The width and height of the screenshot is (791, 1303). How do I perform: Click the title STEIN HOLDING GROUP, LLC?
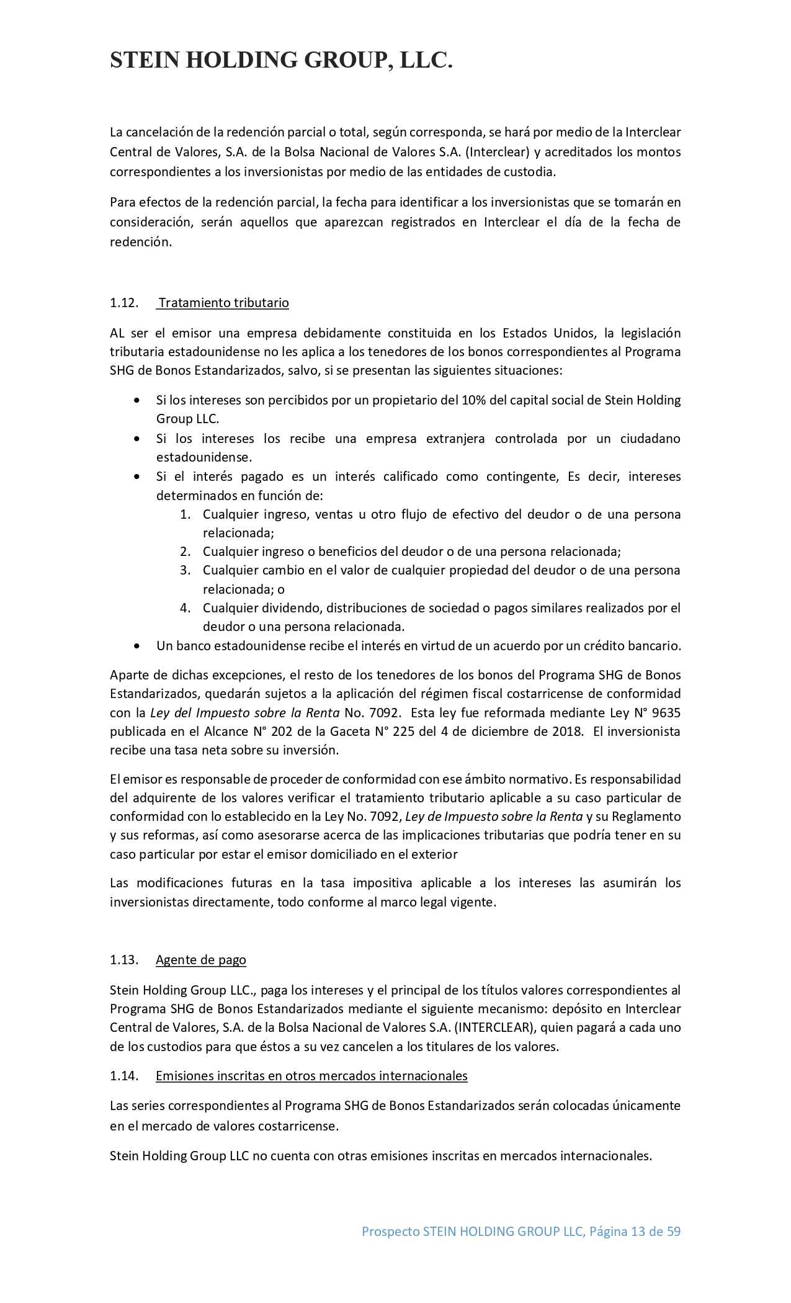pyautogui.click(x=281, y=61)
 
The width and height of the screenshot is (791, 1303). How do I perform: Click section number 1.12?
pyautogui.click(x=123, y=303)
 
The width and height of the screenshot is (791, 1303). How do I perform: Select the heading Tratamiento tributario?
pyautogui.click(x=223, y=303)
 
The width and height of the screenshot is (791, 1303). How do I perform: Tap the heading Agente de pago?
pyautogui.click(x=201, y=960)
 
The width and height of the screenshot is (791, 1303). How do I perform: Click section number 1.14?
pyautogui.click(x=123, y=1075)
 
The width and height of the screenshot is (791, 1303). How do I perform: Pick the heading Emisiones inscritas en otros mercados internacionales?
pyautogui.click(x=311, y=1075)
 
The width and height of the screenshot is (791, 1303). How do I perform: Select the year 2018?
pyautogui.click(x=566, y=731)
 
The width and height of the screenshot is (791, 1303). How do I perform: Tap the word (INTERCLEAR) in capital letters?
pyautogui.click(x=493, y=1027)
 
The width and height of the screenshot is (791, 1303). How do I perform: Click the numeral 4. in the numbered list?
pyautogui.click(x=185, y=607)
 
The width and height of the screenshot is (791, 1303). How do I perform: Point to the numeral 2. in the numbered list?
pyautogui.click(x=185, y=552)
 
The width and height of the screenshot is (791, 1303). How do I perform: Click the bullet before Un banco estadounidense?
pyautogui.click(x=137, y=646)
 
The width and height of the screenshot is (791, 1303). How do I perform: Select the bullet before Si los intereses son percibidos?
pyautogui.click(x=137, y=401)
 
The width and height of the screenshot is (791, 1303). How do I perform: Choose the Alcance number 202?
pyautogui.click(x=275, y=731)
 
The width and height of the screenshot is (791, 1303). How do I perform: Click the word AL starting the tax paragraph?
pyautogui.click(x=117, y=333)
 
